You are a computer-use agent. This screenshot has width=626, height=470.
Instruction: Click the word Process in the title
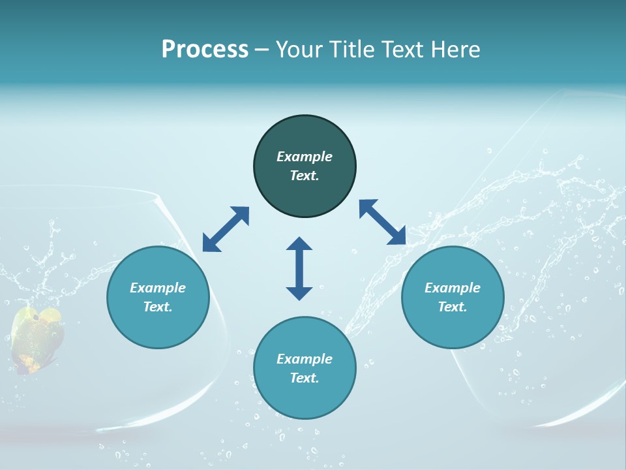205,50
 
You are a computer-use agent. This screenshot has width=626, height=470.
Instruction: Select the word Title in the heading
354,50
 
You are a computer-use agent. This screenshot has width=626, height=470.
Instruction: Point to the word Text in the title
404,50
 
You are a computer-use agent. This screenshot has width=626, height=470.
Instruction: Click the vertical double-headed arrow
299,268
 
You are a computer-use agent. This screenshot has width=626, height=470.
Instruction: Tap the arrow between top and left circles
226,229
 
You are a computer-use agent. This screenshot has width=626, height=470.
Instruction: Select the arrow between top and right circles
382,222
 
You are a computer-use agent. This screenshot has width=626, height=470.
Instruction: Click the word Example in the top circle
305,157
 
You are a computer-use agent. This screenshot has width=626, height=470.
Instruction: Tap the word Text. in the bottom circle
305,378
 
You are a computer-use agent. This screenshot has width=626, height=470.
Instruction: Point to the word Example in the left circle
158,288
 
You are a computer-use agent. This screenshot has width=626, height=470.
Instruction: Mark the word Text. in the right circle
453,307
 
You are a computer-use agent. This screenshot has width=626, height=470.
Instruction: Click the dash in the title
261,50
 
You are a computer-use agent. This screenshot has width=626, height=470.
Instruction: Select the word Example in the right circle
453,288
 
